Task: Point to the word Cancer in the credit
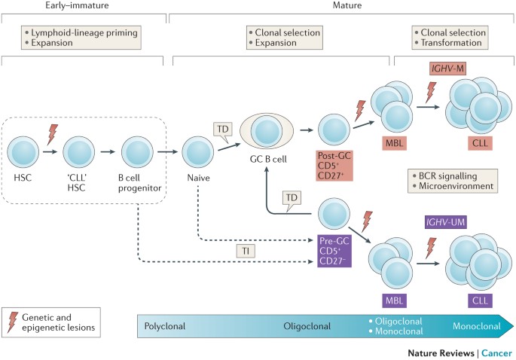[x=496, y=352]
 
